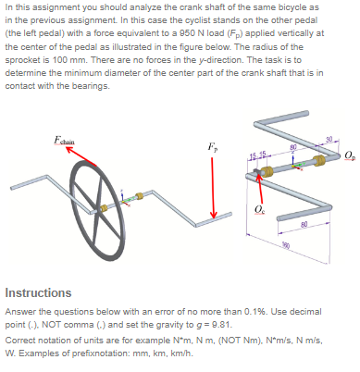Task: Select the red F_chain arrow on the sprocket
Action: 71,158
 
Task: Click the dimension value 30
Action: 329,139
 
